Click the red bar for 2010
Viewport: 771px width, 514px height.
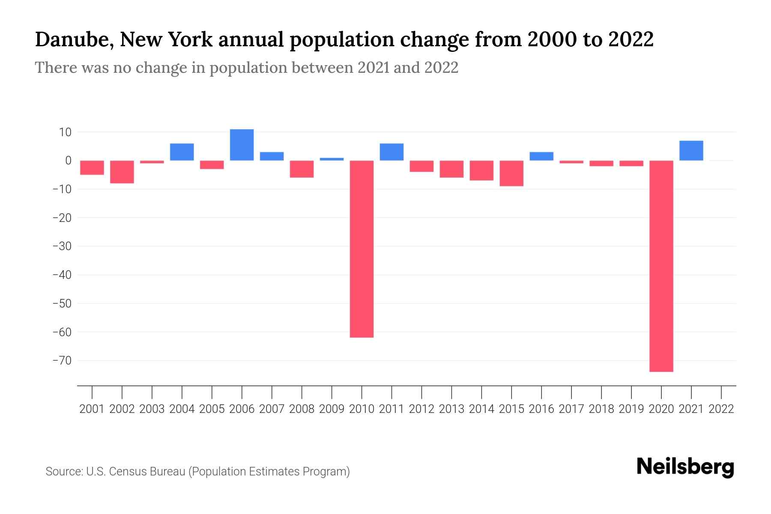pos(362,248)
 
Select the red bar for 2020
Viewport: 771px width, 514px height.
pos(661,266)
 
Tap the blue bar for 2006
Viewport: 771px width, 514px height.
pos(242,145)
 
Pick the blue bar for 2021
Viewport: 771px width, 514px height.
pos(691,150)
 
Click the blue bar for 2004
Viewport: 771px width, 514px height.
pos(182,152)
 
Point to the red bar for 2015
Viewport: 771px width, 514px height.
pos(511,173)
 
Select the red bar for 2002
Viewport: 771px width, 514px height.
pos(122,172)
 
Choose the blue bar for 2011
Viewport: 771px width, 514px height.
pos(391,152)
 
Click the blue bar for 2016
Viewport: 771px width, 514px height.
pos(541,156)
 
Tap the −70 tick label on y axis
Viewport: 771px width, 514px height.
pos(62,360)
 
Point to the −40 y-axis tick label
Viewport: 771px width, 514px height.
pos(62,275)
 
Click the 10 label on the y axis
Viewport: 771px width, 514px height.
pos(65,132)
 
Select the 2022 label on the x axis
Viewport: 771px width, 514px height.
pos(721,409)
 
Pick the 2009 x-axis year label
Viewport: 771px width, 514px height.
pos(332,409)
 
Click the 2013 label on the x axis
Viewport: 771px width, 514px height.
pos(451,409)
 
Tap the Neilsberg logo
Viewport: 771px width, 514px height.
pos(685,467)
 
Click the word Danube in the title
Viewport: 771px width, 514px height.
pos(74,39)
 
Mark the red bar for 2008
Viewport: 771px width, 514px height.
pos(302,169)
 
